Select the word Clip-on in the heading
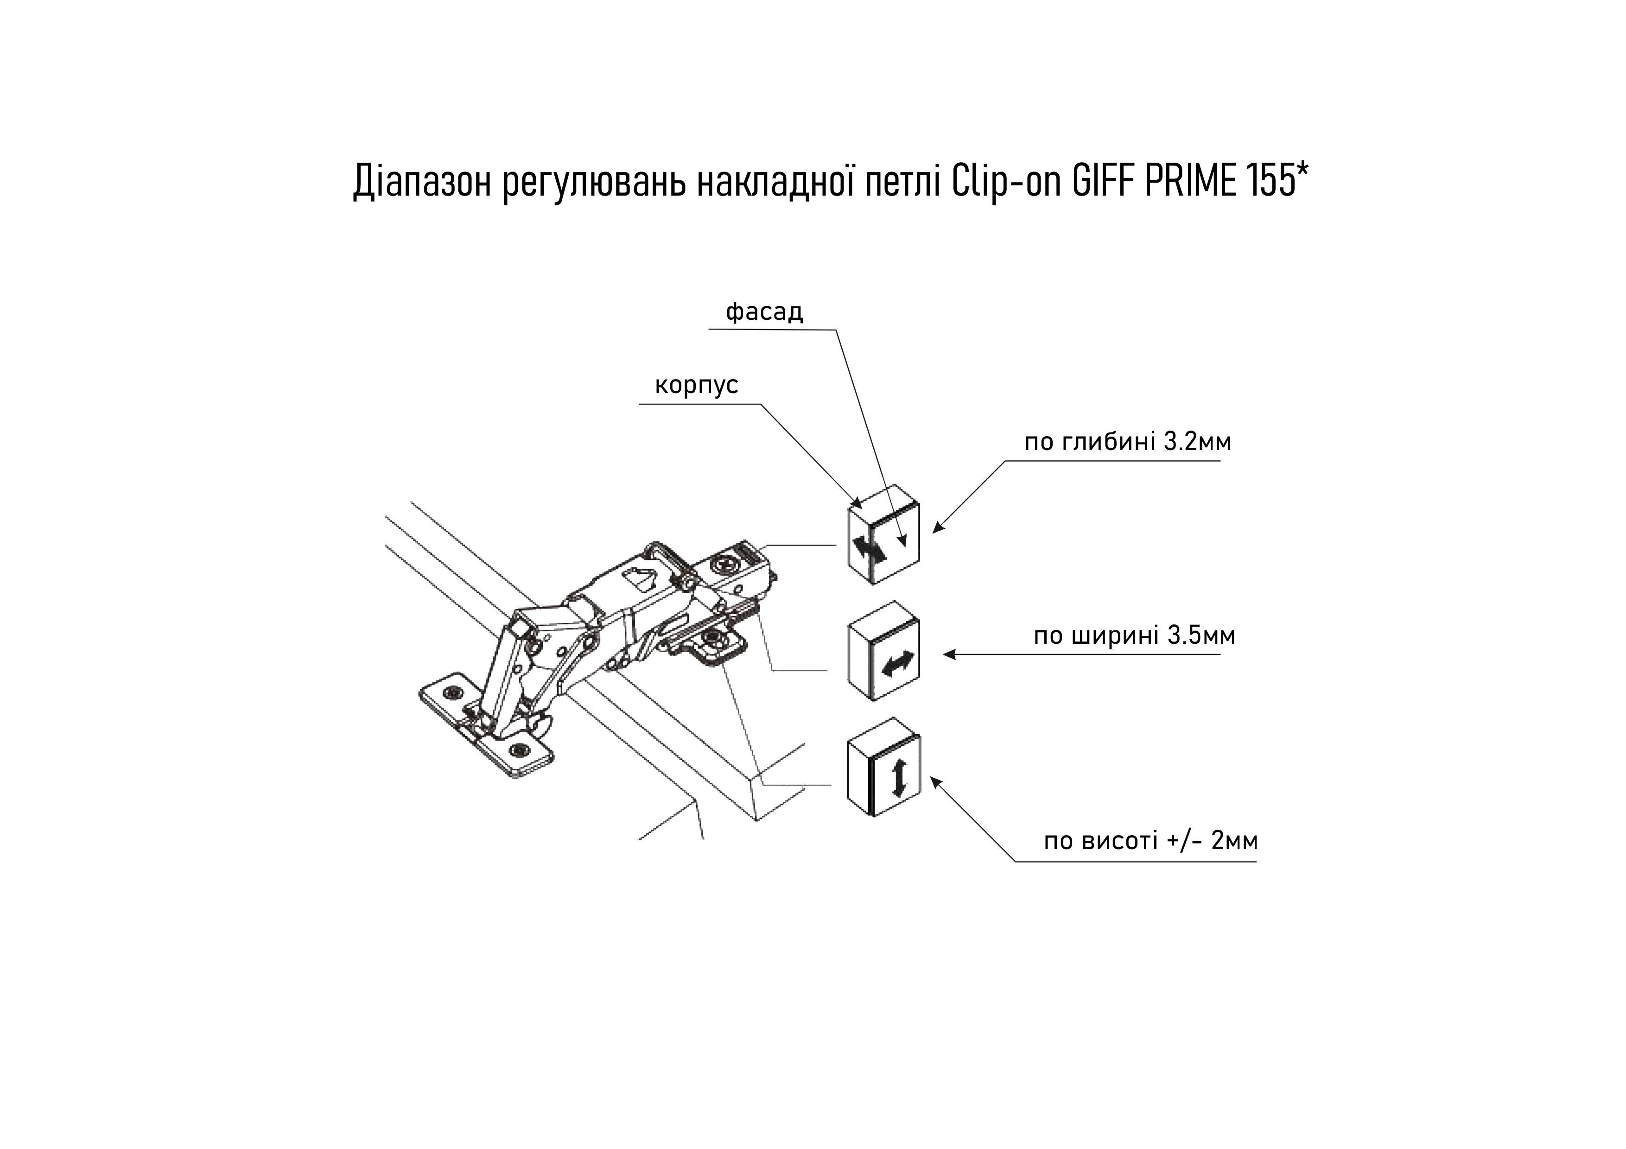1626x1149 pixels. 1005,182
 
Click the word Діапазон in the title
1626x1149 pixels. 421,182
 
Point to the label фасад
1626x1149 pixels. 764,312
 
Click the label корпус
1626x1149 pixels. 696,385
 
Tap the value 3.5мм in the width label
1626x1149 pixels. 1201,636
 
